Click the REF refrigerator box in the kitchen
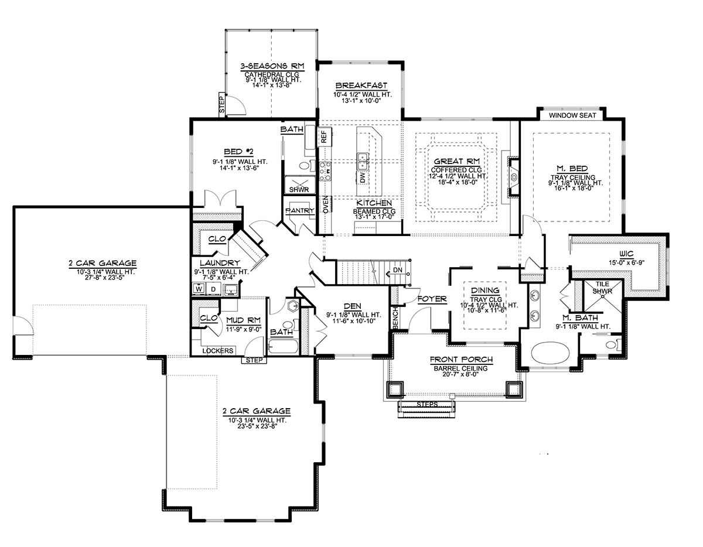pyautogui.click(x=324, y=137)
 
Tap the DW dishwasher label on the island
pyautogui.click(x=363, y=177)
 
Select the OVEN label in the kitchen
pyautogui.click(x=326, y=204)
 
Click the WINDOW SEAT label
pyautogui.click(x=572, y=115)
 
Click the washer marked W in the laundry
pyautogui.click(x=199, y=289)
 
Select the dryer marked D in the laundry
pyautogui.click(x=213, y=289)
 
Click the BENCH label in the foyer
pyautogui.click(x=395, y=318)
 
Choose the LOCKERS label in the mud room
pyautogui.click(x=218, y=351)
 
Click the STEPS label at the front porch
pyautogui.click(x=427, y=404)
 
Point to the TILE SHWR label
pyautogui.click(x=602, y=288)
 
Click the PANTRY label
pyautogui.click(x=300, y=210)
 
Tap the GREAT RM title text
pyautogui.click(x=456, y=161)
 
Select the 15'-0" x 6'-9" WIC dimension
pyautogui.click(x=627, y=262)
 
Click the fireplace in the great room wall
pyautogui.click(x=513, y=177)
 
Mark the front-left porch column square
pyautogui.click(x=395, y=389)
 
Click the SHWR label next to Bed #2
pyautogui.click(x=299, y=190)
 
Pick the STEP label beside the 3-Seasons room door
pyautogui.click(x=222, y=103)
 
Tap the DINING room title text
pyautogui.click(x=485, y=290)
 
